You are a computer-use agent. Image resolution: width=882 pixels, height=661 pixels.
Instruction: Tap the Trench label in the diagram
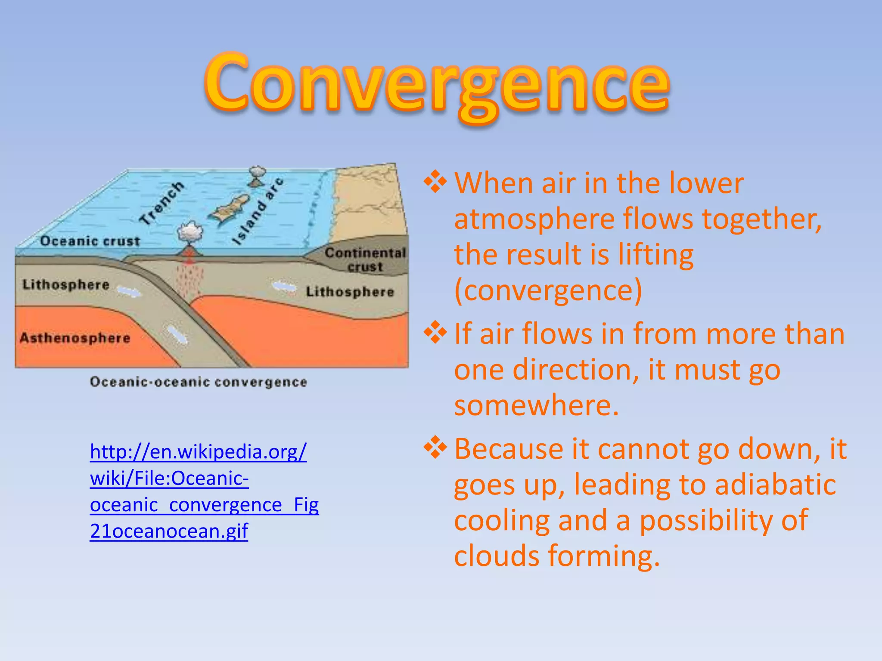(162, 203)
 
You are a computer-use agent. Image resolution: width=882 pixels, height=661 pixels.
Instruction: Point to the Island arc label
(258, 211)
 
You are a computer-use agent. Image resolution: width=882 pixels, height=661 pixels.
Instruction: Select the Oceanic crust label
(90, 241)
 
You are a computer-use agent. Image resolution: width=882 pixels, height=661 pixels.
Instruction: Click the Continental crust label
(365, 259)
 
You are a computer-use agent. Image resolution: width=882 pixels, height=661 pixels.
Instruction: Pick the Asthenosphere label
(75, 338)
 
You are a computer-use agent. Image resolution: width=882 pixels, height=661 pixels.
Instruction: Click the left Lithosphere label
(66, 284)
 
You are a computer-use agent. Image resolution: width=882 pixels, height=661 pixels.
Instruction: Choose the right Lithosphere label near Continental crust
(350, 292)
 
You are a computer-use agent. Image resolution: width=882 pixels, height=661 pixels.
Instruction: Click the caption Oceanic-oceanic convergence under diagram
(199, 382)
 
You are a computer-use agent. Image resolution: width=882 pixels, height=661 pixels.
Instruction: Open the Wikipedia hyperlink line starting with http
(198, 452)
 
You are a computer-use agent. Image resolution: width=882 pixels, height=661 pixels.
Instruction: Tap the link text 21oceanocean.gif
(169, 531)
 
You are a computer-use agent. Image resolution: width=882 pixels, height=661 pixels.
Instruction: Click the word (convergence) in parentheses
(548, 290)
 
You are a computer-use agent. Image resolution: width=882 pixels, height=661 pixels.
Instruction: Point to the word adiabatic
(775, 485)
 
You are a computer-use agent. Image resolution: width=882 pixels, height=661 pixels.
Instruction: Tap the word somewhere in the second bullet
(536, 405)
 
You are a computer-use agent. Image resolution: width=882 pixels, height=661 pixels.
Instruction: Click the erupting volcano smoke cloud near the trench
(190, 232)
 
